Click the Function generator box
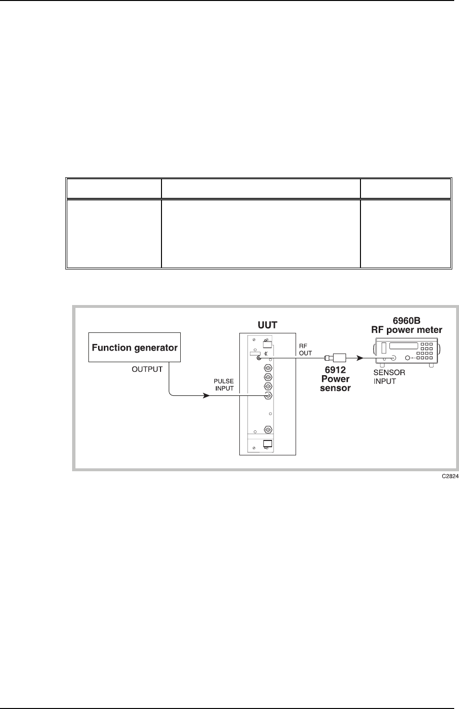coord(135,347)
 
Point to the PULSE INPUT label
coord(223,385)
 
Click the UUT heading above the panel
coord(267,325)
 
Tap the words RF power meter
coord(407,330)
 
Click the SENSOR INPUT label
coord(389,377)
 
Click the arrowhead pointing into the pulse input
coord(205,396)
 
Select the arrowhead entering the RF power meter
coord(359,357)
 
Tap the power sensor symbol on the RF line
coord(335,357)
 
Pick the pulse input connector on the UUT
coord(268,396)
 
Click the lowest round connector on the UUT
coord(268,429)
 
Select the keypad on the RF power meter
coord(425,352)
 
